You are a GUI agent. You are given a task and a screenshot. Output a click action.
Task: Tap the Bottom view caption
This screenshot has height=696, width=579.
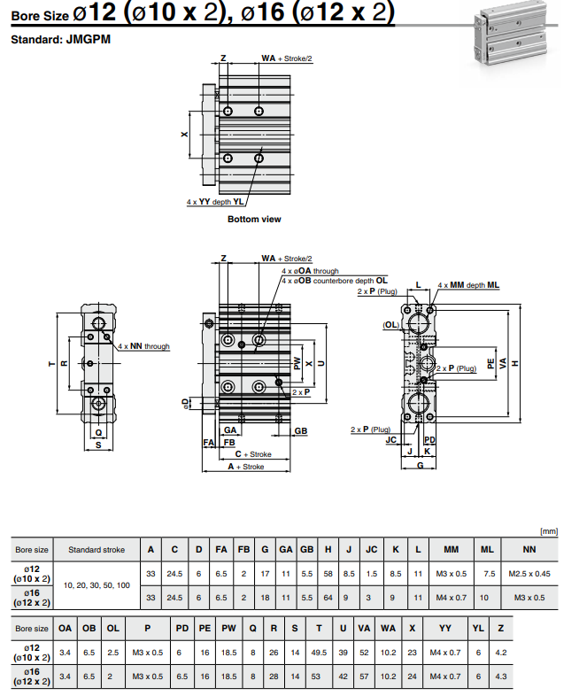(x=254, y=219)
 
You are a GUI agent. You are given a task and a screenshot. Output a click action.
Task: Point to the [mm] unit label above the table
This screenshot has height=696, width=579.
(x=549, y=531)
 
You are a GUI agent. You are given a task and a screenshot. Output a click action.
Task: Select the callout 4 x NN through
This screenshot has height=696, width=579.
(x=143, y=346)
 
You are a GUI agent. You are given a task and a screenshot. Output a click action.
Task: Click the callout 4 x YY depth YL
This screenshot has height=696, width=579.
(x=215, y=202)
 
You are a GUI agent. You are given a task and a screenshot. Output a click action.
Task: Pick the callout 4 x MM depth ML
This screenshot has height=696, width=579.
(x=469, y=285)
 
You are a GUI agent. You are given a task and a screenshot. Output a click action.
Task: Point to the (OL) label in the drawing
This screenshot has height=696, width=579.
(x=390, y=325)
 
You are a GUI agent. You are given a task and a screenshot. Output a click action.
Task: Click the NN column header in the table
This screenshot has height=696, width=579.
(x=529, y=549)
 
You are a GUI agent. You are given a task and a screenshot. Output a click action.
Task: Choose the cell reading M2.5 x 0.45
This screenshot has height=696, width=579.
(x=529, y=574)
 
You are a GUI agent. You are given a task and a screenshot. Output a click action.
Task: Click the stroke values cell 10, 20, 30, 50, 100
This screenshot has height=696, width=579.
(x=96, y=585)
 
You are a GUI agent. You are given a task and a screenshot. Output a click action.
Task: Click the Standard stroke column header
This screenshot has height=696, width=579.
(x=96, y=549)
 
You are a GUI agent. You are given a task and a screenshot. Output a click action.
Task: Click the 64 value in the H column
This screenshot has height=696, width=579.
(x=328, y=598)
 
